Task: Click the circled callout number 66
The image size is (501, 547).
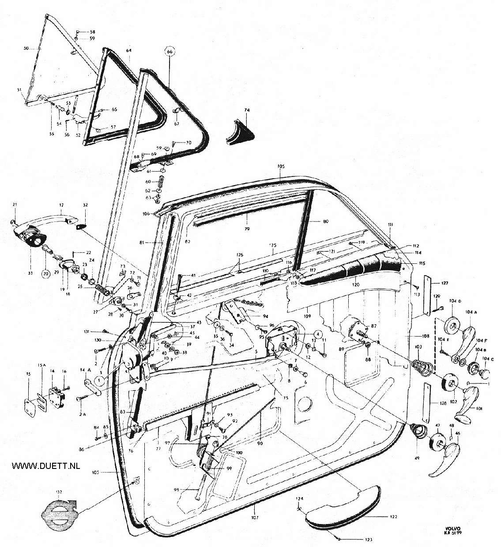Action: point(171,51)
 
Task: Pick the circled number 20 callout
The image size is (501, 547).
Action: point(45,273)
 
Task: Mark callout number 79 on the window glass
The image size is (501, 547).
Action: point(247,229)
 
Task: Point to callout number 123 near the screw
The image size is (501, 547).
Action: point(368,540)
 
